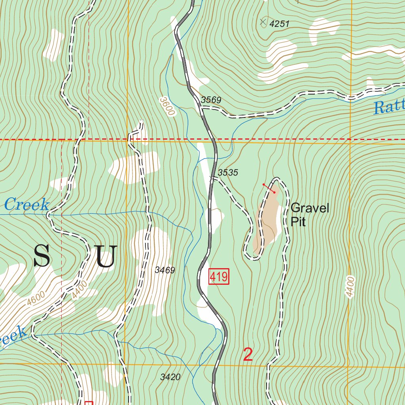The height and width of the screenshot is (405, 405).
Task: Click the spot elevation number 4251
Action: click(x=279, y=24)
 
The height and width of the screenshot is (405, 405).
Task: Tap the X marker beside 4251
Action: click(x=263, y=22)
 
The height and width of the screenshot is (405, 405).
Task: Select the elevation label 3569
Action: click(x=211, y=100)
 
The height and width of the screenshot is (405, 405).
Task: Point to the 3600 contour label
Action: click(x=167, y=106)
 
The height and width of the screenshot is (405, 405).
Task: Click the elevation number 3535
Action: click(x=228, y=172)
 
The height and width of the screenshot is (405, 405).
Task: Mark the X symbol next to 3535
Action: click(x=212, y=179)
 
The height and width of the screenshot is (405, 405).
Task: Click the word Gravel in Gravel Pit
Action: click(x=310, y=208)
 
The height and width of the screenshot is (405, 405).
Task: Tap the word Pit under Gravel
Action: click(x=298, y=221)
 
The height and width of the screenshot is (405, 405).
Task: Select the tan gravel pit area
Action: click(x=268, y=225)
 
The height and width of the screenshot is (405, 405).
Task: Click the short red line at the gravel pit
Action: click(x=269, y=188)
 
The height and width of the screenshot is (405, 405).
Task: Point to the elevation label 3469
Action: click(x=165, y=270)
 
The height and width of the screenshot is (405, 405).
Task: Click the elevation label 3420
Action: click(x=170, y=377)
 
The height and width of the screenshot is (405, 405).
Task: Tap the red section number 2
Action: click(x=248, y=355)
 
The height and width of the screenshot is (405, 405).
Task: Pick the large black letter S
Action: click(x=42, y=255)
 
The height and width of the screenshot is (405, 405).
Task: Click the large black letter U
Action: click(x=106, y=256)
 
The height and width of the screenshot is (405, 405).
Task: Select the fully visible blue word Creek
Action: click(x=27, y=205)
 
